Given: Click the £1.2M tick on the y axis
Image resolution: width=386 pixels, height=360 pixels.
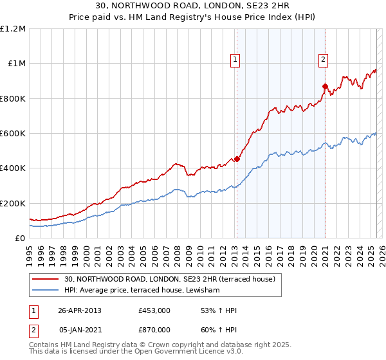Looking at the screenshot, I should tap(13, 29).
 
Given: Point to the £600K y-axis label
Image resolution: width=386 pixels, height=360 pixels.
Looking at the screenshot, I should tap(12, 134).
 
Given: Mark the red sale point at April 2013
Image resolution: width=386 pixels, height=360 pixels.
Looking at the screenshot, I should tap(237, 159).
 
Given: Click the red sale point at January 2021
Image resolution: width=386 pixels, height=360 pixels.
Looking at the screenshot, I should tap(325, 86).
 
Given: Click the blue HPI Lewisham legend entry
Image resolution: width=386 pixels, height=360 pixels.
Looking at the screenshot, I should tap(142, 291).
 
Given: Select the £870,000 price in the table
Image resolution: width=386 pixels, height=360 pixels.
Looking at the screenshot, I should tap(154, 329).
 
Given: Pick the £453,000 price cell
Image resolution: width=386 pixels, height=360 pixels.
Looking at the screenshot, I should tap(154, 310).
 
